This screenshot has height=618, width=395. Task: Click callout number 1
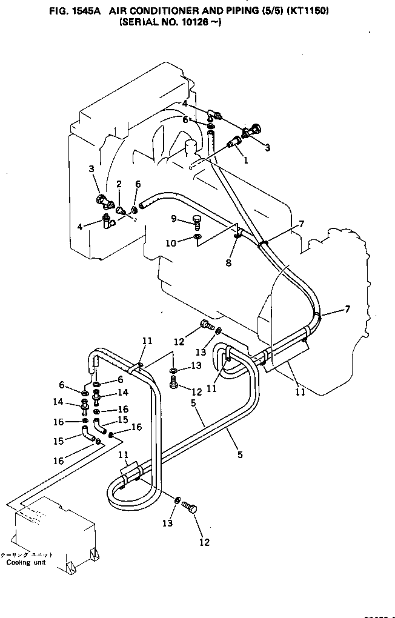pyautogui.click(x=245, y=161)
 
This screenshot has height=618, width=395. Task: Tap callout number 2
pyautogui.click(x=119, y=184)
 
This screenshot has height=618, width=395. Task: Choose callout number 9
pyautogui.click(x=173, y=219)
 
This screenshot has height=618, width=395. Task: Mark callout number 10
pyautogui.click(x=171, y=243)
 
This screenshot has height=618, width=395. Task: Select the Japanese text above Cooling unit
pyautogui.click(x=27, y=554)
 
